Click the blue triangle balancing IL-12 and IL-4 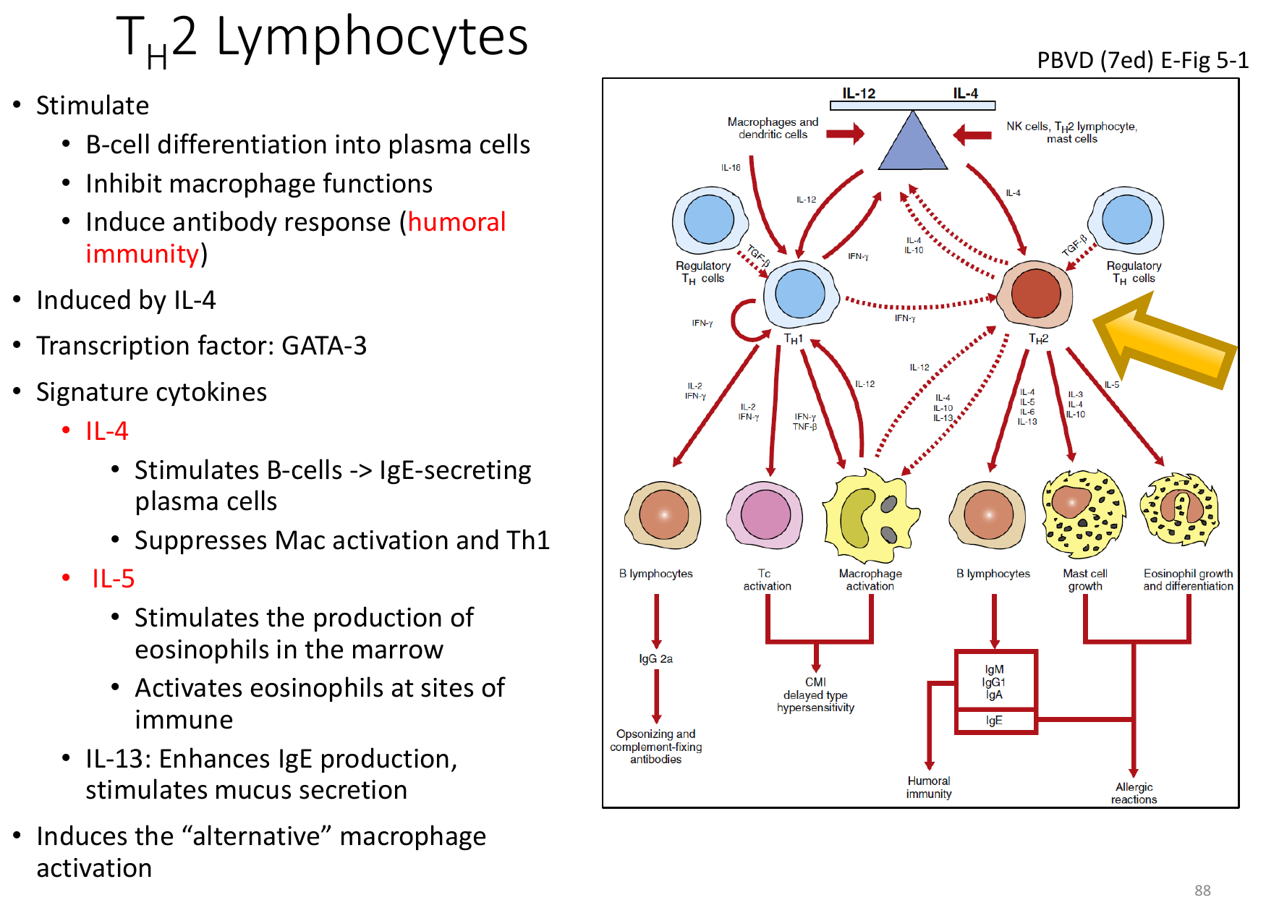click(x=913, y=142)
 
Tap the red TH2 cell click(x=1035, y=294)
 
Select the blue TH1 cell click(x=801, y=294)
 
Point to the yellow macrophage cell click(x=871, y=515)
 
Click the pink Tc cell click(x=765, y=516)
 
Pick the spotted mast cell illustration click(x=1084, y=514)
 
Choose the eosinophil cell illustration click(x=1180, y=509)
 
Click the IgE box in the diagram click(x=995, y=721)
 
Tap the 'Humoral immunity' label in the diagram click(x=929, y=787)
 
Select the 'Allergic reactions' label click(x=1134, y=793)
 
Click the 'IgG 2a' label click(x=655, y=658)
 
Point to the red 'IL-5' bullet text click(x=113, y=579)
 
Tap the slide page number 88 click(x=1202, y=891)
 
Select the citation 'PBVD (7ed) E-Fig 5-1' click(x=1142, y=60)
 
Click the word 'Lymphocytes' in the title click(x=373, y=38)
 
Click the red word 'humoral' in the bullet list click(x=456, y=222)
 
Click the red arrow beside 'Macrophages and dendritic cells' click(x=845, y=133)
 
